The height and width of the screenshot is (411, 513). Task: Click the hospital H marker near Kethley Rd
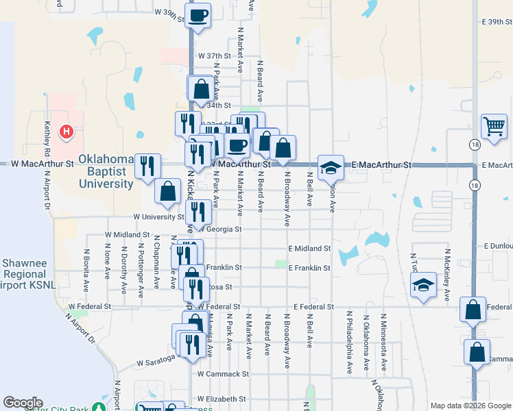pyautogui.click(x=67, y=131)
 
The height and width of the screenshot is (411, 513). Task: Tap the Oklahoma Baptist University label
pyautogui.click(x=106, y=171)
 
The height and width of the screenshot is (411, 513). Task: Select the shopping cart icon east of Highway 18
pyautogui.click(x=494, y=126)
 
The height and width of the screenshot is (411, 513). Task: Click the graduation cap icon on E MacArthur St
pyautogui.click(x=331, y=167)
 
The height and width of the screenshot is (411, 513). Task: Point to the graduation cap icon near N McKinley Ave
pyautogui.click(x=423, y=284)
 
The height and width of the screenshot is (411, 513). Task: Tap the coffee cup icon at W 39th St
pyautogui.click(x=198, y=15)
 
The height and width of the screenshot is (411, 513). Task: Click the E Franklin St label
pyautogui.click(x=309, y=268)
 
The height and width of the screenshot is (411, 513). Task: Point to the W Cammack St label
pyautogui.click(x=222, y=374)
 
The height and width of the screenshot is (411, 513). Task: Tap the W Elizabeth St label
pyautogui.click(x=222, y=399)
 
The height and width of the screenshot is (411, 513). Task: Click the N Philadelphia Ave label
pyautogui.click(x=349, y=342)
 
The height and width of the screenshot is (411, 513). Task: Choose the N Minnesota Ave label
pyautogui.click(x=383, y=342)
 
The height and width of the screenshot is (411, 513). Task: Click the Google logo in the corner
pyautogui.click(x=23, y=403)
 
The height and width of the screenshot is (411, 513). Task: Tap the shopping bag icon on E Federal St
pyautogui.click(x=473, y=309)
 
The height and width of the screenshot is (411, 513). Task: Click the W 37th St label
pyautogui.click(x=213, y=55)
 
